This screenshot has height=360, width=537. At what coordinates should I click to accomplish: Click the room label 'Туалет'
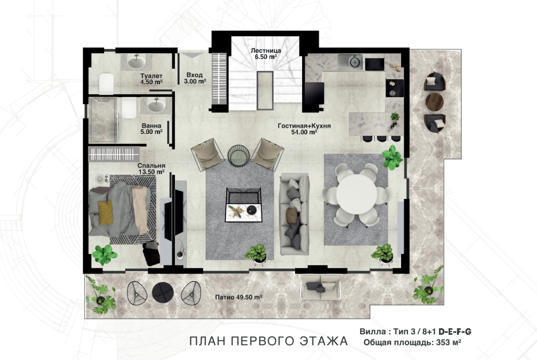click(x=151, y=76)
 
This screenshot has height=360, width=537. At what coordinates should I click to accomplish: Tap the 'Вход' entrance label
click(x=195, y=75)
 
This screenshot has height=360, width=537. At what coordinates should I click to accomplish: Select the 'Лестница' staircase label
click(x=266, y=50)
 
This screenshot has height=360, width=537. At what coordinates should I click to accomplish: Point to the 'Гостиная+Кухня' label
click(x=304, y=126)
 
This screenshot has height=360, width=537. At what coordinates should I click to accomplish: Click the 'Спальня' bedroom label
click(x=151, y=166)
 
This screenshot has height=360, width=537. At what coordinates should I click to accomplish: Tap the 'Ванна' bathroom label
click(x=151, y=126)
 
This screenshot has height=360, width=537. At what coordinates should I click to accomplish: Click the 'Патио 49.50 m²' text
click(x=238, y=297)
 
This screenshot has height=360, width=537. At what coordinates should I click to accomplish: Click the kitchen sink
click(x=350, y=62)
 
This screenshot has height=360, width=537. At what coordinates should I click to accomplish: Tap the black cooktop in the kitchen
click(x=395, y=88)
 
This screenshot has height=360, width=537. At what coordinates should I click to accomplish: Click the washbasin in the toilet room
click(x=137, y=61)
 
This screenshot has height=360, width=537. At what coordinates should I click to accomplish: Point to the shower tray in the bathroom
click(x=103, y=120)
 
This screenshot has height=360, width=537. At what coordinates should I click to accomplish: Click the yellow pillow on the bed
click(x=106, y=212)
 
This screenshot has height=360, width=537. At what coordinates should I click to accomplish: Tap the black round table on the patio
click(x=162, y=293)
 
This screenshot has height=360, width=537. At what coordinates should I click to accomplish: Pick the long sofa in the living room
click(x=295, y=214)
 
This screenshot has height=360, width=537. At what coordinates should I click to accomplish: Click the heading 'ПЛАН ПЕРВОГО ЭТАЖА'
click(x=268, y=341)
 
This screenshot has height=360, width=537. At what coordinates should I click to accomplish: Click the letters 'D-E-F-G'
click(x=455, y=331)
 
